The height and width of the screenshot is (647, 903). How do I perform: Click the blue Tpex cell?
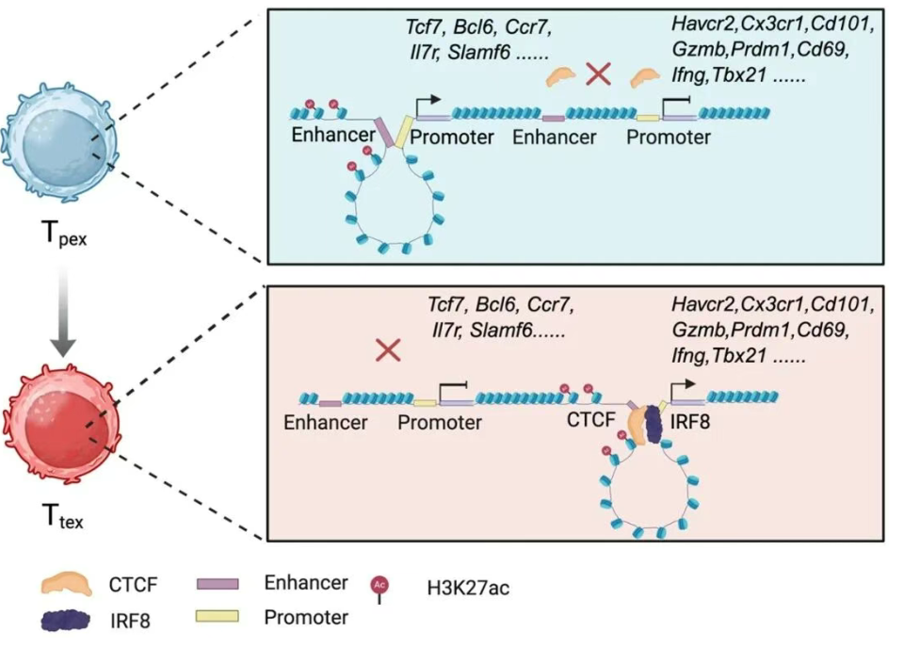coord(59,141)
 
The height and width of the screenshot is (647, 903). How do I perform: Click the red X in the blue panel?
coord(596,74)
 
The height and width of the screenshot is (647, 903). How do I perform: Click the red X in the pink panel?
coord(388,351)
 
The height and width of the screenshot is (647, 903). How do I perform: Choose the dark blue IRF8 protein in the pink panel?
coord(652,423)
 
